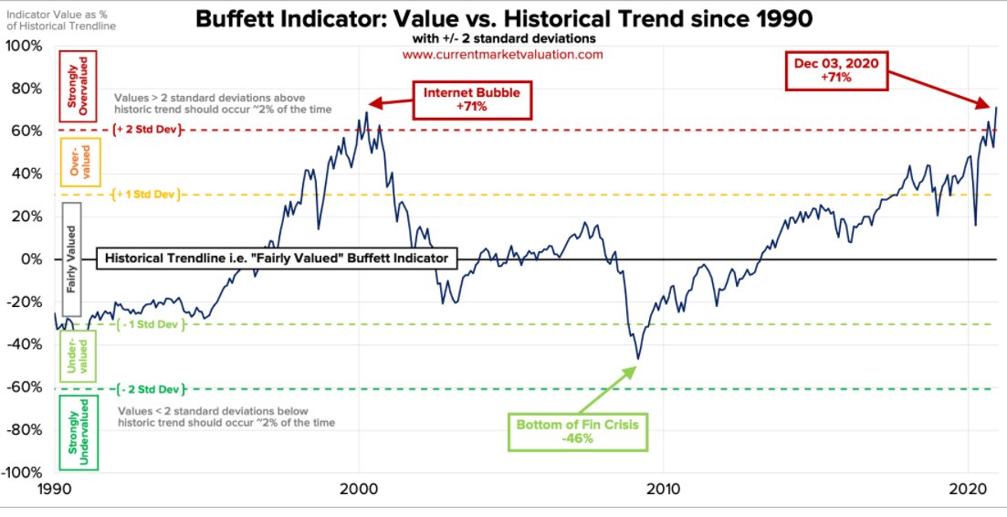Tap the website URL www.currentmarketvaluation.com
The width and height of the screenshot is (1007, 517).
point(502,55)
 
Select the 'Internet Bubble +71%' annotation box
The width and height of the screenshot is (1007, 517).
point(473,100)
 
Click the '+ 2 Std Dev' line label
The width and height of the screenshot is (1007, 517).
point(148,131)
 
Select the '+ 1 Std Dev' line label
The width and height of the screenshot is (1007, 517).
point(148,195)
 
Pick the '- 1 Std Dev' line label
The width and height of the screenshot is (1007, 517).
point(148,324)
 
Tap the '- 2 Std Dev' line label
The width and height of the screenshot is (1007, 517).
point(148,388)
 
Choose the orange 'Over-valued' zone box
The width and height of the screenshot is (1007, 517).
point(79,162)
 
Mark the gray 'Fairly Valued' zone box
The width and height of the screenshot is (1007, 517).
point(71,260)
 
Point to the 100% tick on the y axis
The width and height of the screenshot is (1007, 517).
point(24,46)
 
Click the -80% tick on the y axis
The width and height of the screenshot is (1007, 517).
point(24,430)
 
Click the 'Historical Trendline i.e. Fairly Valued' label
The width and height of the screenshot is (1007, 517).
point(277,258)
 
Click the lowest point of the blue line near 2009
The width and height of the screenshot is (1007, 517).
point(637,359)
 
